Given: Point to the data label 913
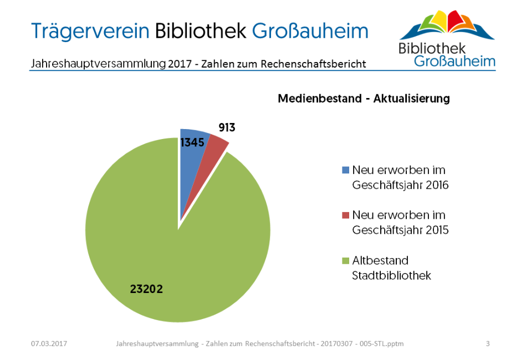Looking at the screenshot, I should coord(227,127).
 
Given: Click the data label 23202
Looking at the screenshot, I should coord(147,289).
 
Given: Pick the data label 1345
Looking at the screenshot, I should coord(192,143).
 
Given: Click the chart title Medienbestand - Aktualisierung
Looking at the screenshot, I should coord(364,99).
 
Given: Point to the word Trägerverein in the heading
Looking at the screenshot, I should coord(90,30).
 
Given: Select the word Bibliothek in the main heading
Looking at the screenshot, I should coord(201,30).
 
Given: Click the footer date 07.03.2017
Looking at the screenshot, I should coord(49,344).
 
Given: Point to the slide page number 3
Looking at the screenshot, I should coord(488,344).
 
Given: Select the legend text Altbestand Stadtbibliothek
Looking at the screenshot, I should coord(391,268).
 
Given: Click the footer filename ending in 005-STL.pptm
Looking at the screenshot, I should coord(260,344).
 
